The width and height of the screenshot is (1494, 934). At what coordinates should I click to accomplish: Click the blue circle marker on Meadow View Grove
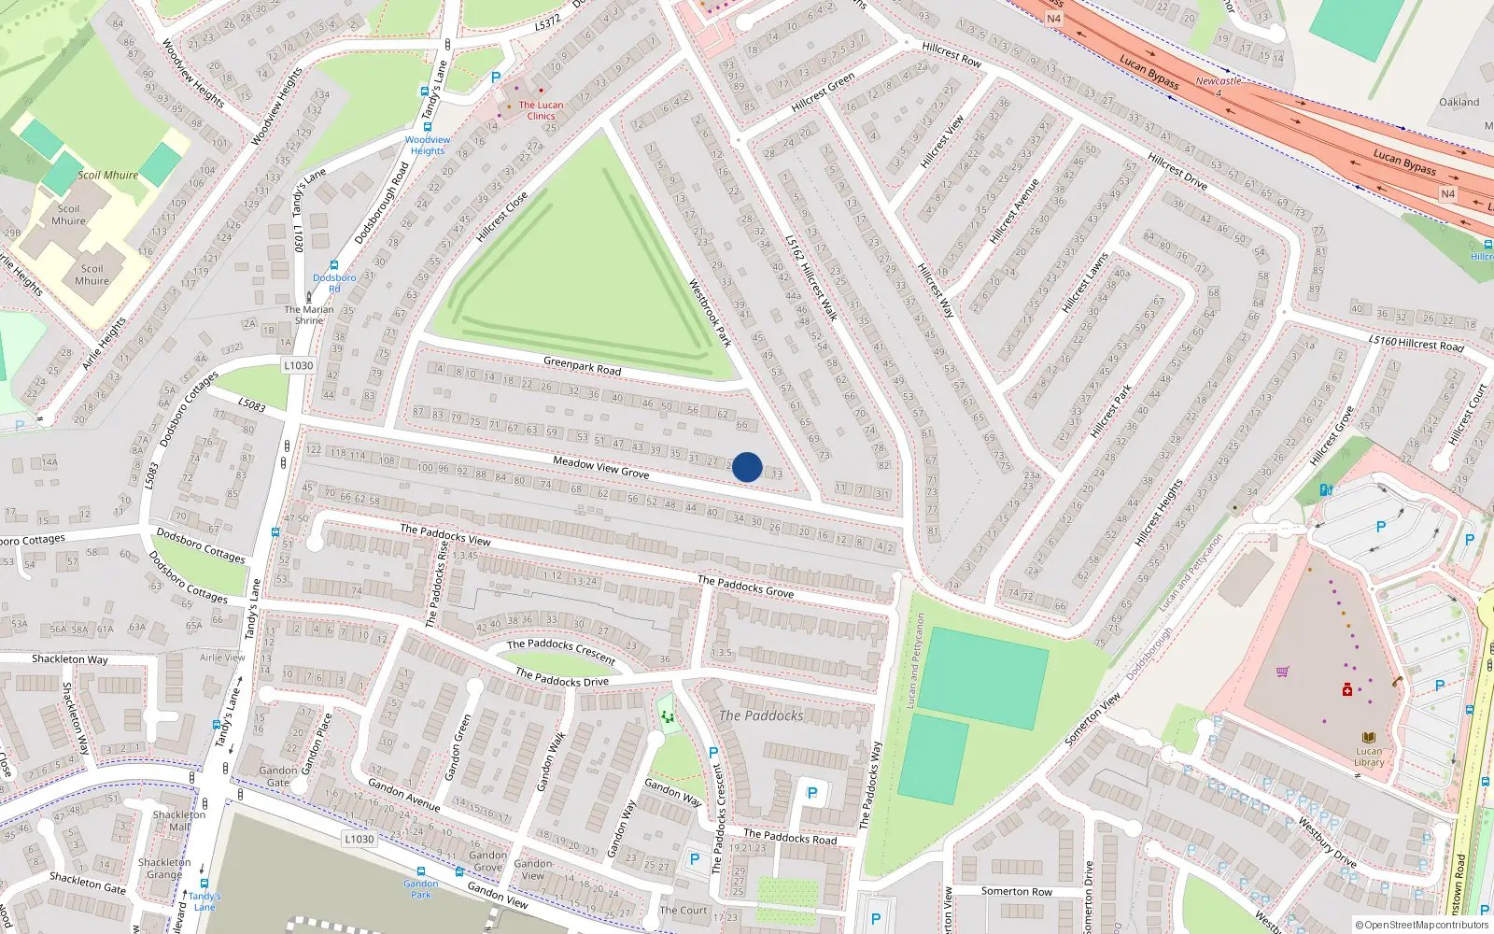click(747, 467)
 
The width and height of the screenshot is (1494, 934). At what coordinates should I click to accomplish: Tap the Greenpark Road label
click(582, 365)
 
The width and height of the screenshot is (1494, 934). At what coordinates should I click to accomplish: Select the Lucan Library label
click(1369, 757)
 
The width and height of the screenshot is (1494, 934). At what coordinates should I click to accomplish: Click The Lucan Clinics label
click(541, 110)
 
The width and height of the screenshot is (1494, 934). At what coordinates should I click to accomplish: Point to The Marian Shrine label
click(308, 315)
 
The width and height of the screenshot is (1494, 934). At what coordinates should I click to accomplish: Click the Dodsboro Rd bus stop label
click(334, 283)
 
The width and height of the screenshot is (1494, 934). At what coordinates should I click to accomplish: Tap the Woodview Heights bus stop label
click(428, 145)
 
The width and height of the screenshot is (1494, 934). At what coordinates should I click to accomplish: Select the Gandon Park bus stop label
click(421, 888)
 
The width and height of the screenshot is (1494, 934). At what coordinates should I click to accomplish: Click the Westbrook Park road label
click(710, 313)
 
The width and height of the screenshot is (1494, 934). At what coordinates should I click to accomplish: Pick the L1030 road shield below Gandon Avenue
click(359, 839)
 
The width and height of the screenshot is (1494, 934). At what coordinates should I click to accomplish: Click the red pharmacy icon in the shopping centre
click(1346, 690)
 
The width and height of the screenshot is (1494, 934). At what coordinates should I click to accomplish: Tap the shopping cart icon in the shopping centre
click(1282, 672)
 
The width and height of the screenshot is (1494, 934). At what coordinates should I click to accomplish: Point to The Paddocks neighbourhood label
click(761, 715)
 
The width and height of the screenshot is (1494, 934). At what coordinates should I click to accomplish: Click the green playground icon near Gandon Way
click(667, 717)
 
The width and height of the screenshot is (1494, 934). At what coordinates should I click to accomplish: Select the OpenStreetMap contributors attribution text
click(1421, 926)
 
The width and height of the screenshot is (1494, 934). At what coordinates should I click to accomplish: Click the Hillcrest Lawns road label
click(1084, 282)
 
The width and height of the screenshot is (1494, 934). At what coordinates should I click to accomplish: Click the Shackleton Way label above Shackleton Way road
click(70, 658)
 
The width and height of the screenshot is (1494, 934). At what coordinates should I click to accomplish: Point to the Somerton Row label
click(1016, 891)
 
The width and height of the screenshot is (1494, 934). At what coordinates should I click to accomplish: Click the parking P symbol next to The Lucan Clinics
click(496, 78)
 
